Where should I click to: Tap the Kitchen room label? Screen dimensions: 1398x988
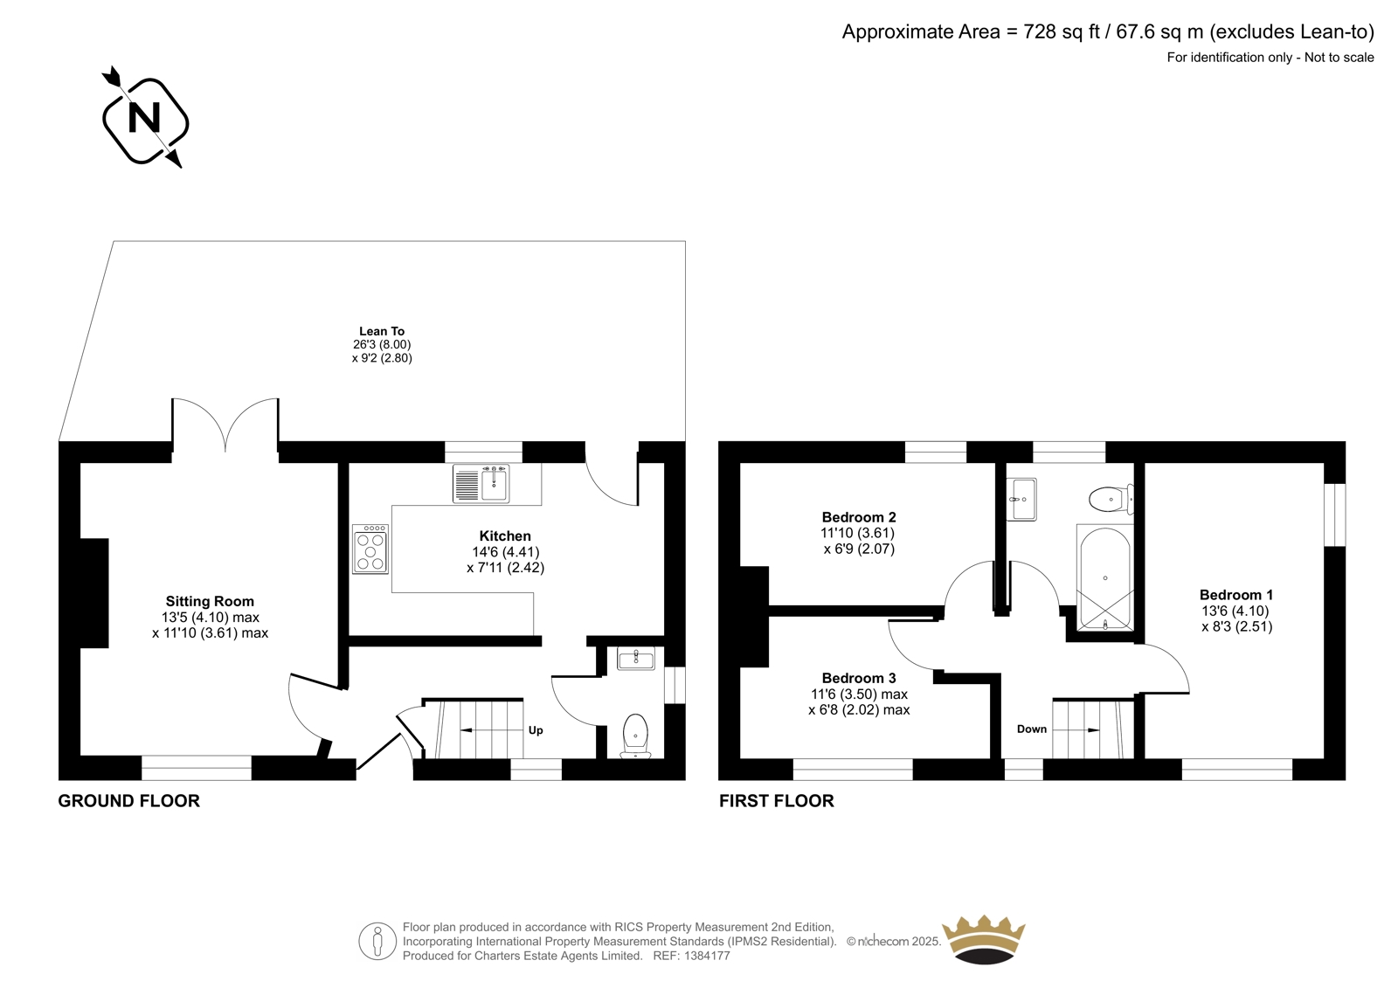(505, 535)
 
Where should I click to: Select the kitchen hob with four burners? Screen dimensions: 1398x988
(370, 549)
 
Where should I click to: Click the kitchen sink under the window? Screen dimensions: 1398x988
(481, 483)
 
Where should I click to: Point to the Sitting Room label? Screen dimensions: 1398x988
(210, 601)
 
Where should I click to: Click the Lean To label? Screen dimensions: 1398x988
(382, 331)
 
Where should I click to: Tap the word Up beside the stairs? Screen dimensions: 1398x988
(536, 729)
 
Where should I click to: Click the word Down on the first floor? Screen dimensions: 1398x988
(1032, 729)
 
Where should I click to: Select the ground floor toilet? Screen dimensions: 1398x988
(635, 736)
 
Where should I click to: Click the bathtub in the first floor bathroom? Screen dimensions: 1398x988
(1104, 577)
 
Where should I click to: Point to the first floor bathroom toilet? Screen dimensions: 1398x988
(1111, 500)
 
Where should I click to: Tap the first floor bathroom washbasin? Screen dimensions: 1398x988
(1021, 499)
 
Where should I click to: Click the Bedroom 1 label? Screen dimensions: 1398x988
(1236, 594)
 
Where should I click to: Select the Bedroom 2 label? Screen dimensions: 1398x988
(859, 517)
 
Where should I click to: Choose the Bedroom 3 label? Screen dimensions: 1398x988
(859, 678)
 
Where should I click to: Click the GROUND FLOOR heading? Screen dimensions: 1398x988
(129, 801)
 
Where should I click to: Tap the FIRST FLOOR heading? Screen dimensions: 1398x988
(777, 801)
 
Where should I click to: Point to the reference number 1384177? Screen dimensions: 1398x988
(707, 956)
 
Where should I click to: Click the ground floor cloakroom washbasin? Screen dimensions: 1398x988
(636, 659)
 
